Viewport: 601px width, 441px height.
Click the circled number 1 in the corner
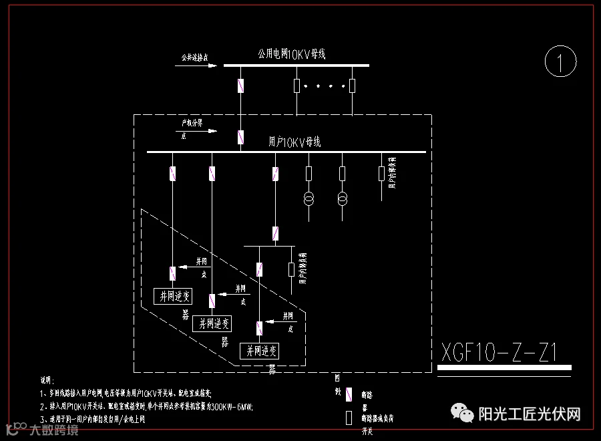pos(560,63)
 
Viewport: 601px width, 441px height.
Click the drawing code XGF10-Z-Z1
pos(499,351)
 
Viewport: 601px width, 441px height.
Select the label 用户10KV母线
pos(294,142)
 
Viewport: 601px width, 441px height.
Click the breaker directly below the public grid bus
pos(241,86)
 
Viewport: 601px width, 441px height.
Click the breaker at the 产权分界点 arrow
pos(240,138)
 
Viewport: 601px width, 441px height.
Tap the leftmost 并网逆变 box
pos(172,296)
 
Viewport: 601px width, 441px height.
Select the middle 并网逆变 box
pos(212,323)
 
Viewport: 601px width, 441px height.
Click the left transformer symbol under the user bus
pos(309,199)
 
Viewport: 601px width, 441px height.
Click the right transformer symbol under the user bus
pos(342,199)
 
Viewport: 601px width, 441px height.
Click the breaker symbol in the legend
pos(349,395)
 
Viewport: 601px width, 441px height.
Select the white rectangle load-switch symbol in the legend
pos(349,418)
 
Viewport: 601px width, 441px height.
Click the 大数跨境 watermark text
pos(53,430)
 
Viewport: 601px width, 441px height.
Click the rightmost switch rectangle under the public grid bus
pos(352,86)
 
